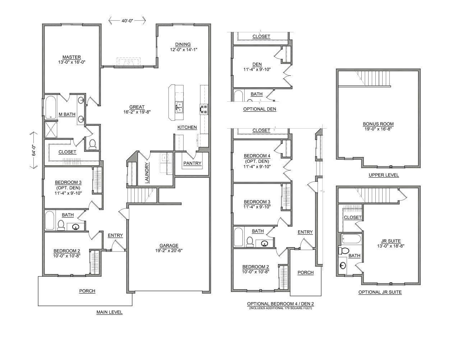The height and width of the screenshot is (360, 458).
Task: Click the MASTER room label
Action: click(x=71, y=57)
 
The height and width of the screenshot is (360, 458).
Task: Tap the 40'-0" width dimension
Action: click(x=127, y=21)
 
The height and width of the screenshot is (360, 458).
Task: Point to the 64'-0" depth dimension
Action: click(x=33, y=150)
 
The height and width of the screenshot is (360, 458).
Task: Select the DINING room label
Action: click(x=183, y=45)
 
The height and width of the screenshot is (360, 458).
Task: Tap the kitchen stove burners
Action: click(x=204, y=109)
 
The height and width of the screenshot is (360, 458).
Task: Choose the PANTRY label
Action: click(x=192, y=163)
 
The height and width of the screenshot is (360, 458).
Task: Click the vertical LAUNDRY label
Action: click(x=147, y=173)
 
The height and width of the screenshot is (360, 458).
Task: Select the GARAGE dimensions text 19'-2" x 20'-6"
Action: click(x=169, y=251)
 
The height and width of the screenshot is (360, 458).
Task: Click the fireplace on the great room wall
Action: click(x=129, y=62)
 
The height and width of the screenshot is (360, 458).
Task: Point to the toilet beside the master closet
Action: click(x=92, y=144)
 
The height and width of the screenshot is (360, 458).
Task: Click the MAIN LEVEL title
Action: click(x=109, y=312)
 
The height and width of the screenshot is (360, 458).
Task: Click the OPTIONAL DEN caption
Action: click(x=259, y=109)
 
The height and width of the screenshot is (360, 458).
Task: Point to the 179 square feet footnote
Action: click(x=280, y=308)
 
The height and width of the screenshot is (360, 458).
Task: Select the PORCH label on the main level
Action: click(x=87, y=291)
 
